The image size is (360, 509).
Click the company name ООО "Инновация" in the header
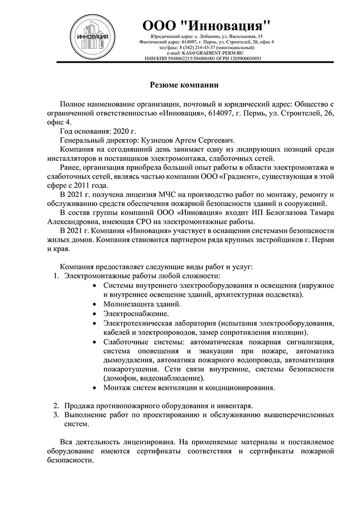coord(206,25)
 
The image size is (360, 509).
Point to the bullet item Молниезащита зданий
coord(142,304)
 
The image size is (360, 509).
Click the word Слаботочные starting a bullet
coord(125,342)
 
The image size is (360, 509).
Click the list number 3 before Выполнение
coord(57,415)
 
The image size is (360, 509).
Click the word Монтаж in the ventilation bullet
coord(117,388)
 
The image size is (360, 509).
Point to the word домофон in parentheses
coord(122,378)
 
